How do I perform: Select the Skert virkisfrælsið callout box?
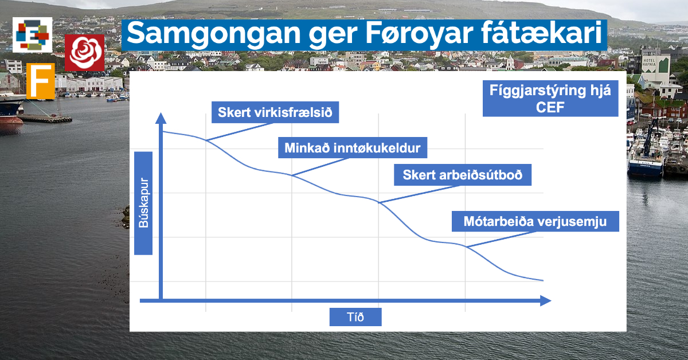tap(275, 112)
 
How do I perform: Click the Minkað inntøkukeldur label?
tap(353, 148)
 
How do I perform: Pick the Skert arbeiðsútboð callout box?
tap(463, 175)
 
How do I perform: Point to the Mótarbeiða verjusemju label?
tap(535, 221)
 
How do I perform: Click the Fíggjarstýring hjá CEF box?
tap(550, 98)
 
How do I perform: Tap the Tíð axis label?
tap(355, 316)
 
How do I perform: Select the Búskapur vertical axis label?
tap(143, 203)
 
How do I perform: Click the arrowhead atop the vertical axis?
tap(161, 118)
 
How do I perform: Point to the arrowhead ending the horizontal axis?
tap(546, 300)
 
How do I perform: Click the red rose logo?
tap(84, 53)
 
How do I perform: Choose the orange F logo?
tap(41, 81)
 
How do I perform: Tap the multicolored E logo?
tap(33, 35)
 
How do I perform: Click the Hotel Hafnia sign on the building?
tap(649, 62)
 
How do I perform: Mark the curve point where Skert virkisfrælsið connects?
tap(206, 140)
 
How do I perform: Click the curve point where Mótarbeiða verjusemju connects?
tap(466, 246)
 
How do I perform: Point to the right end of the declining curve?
tap(543, 280)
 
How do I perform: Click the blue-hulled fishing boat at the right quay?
tap(645, 160)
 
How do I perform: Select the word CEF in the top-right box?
tap(550, 107)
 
